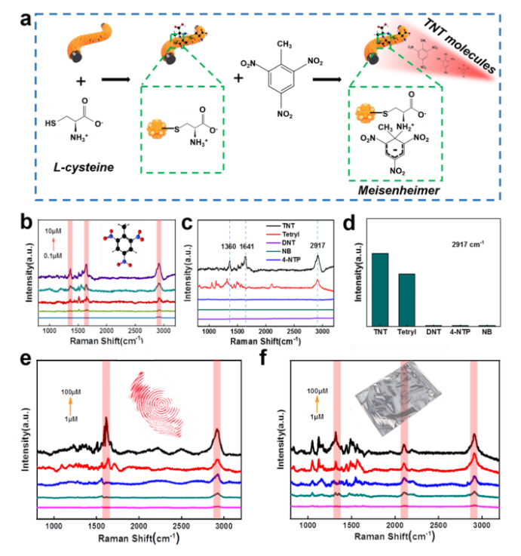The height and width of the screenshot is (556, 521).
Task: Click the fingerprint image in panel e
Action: (x=162, y=402)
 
